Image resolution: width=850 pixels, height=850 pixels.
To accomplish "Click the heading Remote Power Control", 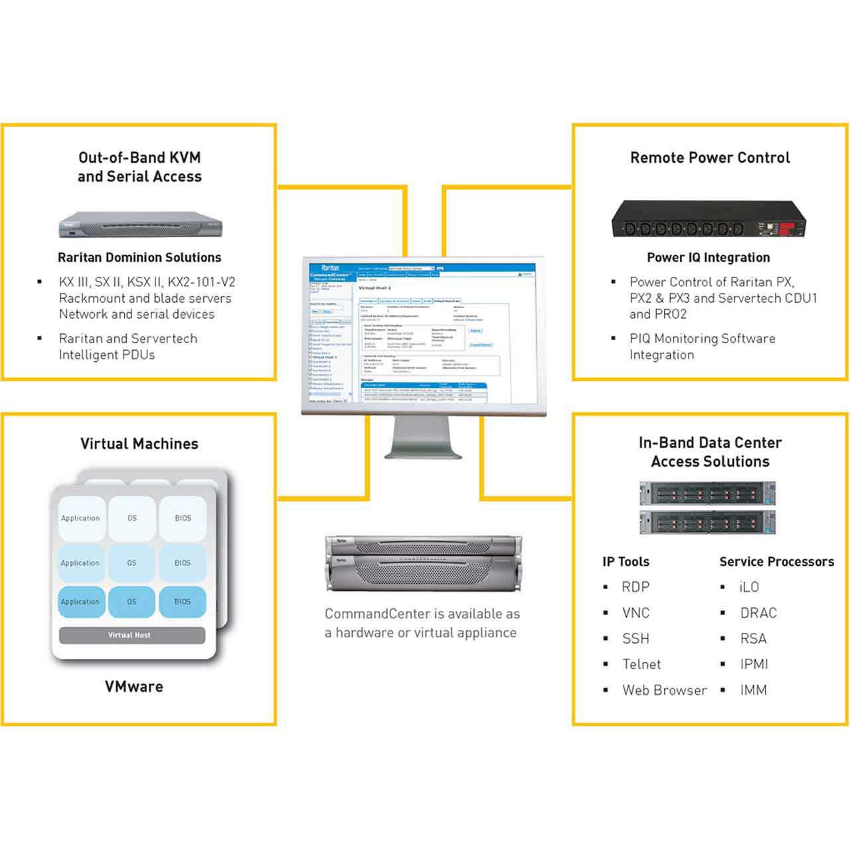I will (710, 158).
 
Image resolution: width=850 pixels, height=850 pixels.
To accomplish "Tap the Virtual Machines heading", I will (139, 444).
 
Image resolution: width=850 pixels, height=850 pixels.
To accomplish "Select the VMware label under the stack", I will (133, 687).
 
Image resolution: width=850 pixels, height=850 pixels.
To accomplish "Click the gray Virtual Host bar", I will (131, 635).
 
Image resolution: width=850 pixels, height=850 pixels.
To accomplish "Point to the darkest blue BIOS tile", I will (182, 602).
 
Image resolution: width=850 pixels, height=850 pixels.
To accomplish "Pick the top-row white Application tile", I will (81, 518).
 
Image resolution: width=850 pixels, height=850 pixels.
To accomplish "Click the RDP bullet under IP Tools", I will (636, 587).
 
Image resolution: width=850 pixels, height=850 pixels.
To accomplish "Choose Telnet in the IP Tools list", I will (641, 664).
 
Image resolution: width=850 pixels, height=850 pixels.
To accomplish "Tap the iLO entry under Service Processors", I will (749, 587).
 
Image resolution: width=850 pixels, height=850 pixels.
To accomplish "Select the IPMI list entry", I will (754, 664).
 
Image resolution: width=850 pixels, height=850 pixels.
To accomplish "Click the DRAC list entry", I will (758, 613).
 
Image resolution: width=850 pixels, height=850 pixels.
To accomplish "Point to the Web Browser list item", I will (664, 690).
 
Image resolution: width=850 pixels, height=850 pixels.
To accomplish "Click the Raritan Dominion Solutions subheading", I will (139, 258).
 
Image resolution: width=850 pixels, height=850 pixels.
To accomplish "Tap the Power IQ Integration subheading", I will (709, 258).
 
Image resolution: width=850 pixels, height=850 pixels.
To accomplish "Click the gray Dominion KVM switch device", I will (139, 224).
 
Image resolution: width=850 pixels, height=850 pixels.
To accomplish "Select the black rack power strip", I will (708, 219).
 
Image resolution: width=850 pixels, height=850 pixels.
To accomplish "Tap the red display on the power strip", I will (788, 228).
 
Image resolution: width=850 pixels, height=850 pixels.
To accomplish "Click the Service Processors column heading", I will (776, 562).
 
